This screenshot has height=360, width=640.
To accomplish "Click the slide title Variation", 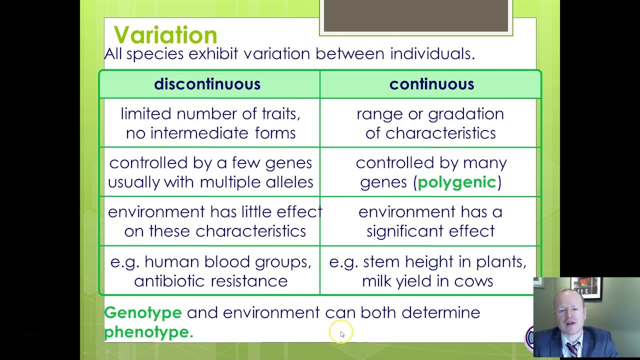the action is coord(165,35).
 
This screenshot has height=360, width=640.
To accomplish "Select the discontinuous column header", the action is coord(207,84).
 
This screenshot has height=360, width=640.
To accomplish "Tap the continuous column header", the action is coord(431,84).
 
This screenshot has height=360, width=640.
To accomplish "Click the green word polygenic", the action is coord(457,182).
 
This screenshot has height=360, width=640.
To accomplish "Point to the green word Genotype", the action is coord(143,313).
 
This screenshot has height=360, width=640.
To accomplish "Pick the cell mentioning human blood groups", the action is coord(211,271).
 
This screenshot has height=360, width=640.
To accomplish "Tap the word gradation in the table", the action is coord(466,114).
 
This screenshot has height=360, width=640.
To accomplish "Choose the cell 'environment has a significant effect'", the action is coord(430,221).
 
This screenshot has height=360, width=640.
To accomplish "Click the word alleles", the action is coord(289,182).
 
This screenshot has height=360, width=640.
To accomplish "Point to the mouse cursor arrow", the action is coord(342,334).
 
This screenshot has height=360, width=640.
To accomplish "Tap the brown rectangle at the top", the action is coord(415,15).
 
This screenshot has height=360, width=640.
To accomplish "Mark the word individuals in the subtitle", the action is coord(432,53).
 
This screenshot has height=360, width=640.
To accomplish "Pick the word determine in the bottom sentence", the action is coord(441,312).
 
